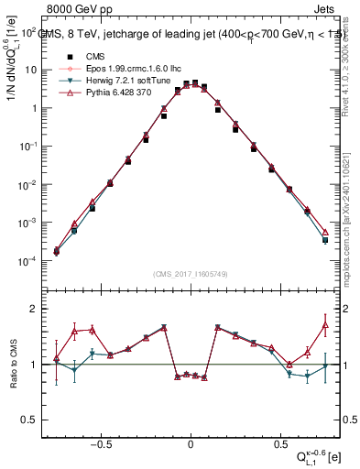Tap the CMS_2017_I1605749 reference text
(190, 274)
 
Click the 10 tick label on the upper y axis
(30, 70)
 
